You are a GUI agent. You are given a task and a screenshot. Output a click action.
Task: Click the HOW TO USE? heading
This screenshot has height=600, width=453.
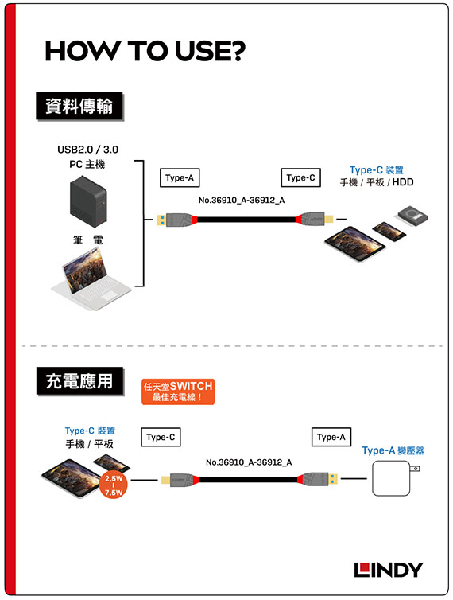pos(145,51)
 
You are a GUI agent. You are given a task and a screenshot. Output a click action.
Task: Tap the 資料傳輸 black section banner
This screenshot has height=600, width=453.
pos(79,106)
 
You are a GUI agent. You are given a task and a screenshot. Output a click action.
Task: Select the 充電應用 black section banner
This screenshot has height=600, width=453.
pos(80,381)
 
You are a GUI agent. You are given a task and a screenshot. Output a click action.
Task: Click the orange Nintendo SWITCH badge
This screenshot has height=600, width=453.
pos(178,392)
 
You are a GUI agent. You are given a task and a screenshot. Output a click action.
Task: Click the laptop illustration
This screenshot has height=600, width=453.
pos(91,279)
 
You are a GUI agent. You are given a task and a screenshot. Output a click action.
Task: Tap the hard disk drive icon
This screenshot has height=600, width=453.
pos(412,216)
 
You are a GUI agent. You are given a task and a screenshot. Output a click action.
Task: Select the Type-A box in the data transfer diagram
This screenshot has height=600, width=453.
pos(180,177)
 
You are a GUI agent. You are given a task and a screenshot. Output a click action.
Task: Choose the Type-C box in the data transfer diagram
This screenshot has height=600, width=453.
pos(301,177)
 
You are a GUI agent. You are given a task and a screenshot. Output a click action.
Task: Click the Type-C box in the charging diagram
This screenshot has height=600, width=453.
pos(161,437)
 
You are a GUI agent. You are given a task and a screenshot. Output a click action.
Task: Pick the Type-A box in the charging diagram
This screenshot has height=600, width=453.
pos(331,437)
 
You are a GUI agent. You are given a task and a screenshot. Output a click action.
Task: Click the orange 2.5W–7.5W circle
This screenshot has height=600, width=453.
pos(114,485)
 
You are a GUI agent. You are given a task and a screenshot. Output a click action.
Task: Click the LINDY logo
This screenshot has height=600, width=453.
pos(389,570)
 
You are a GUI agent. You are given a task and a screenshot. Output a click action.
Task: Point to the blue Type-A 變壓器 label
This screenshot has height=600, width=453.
pos(393,450)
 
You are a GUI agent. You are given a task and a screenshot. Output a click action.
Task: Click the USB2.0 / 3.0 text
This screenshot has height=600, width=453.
pos(88,150)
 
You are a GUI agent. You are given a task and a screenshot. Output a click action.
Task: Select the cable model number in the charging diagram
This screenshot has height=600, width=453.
pos(249,462)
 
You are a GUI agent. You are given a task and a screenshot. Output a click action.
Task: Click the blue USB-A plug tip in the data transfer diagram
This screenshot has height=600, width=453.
pos(161,220)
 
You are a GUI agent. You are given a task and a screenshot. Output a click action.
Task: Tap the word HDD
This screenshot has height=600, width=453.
pos(403,182)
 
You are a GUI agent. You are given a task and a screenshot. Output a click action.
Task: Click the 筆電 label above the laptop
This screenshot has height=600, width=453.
pos(88,240)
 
